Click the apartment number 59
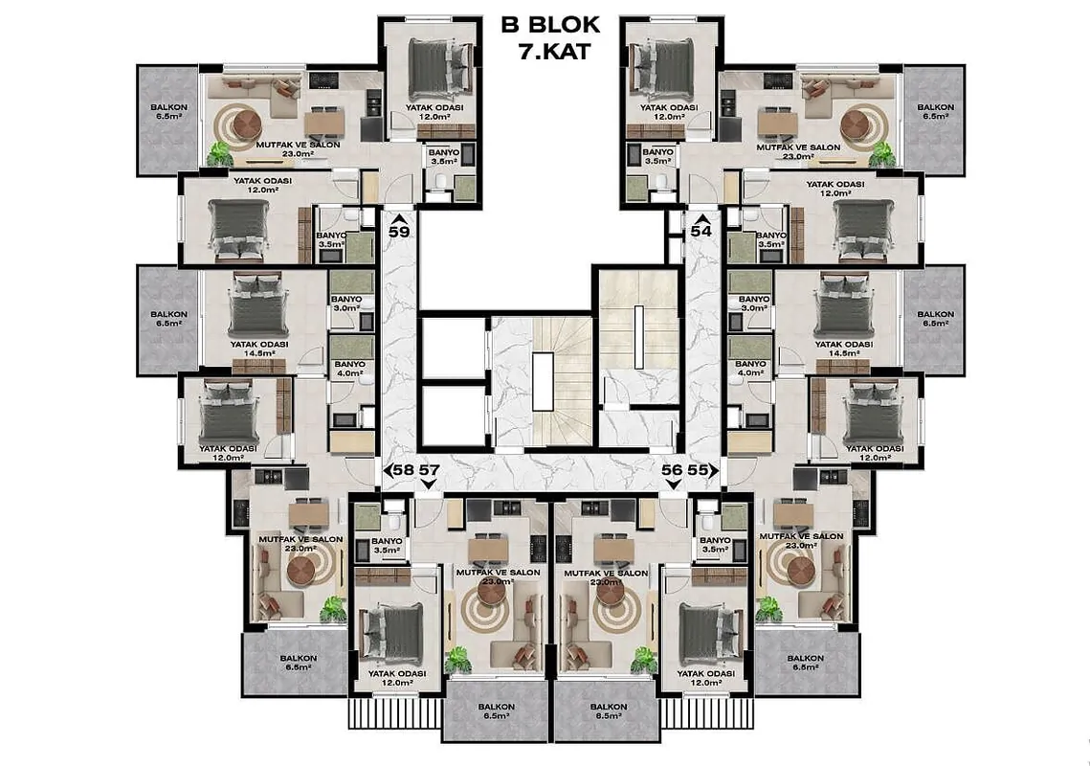pyautogui.click(x=399, y=231)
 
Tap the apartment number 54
pyautogui.click(x=701, y=231)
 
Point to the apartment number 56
pyautogui.click(x=672, y=469)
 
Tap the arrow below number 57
pyautogui.click(x=429, y=484)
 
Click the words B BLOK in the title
pyautogui.click(x=550, y=25)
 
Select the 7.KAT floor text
pyautogui.click(x=554, y=52)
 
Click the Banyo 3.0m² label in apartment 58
pyautogui.click(x=346, y=304)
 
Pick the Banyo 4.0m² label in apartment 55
pyautogui.click(x=750, y=368)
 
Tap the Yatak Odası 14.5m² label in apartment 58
pyautogui.click(x=259, y=349)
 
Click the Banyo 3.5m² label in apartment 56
pyautogui.click(x=715, y=545)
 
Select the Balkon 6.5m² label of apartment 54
pyautogui.click(x=935, y=111)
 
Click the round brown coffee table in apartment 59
pyautogui.click(x=248, y=124)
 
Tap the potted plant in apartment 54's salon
pyautogui.click(x=883, y=153)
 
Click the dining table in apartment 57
pyautogui.click(x=488, y=550)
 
